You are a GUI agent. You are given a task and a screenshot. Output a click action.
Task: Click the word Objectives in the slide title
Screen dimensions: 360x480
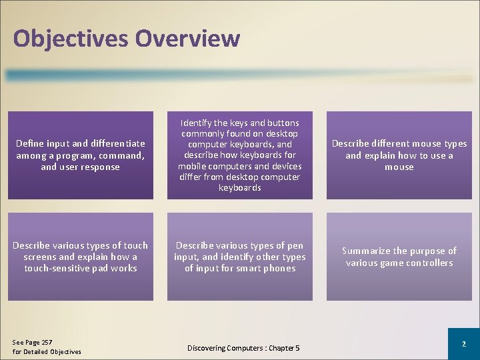71,39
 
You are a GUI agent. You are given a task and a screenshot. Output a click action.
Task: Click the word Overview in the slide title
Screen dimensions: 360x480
187,38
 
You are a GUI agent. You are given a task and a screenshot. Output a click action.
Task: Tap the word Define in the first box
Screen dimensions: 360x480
29,143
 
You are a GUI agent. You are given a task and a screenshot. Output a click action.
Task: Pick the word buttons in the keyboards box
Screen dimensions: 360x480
282,123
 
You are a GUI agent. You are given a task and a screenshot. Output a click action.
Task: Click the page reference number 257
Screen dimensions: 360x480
45,342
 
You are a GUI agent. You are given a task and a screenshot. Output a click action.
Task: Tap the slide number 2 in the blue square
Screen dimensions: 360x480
463,344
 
